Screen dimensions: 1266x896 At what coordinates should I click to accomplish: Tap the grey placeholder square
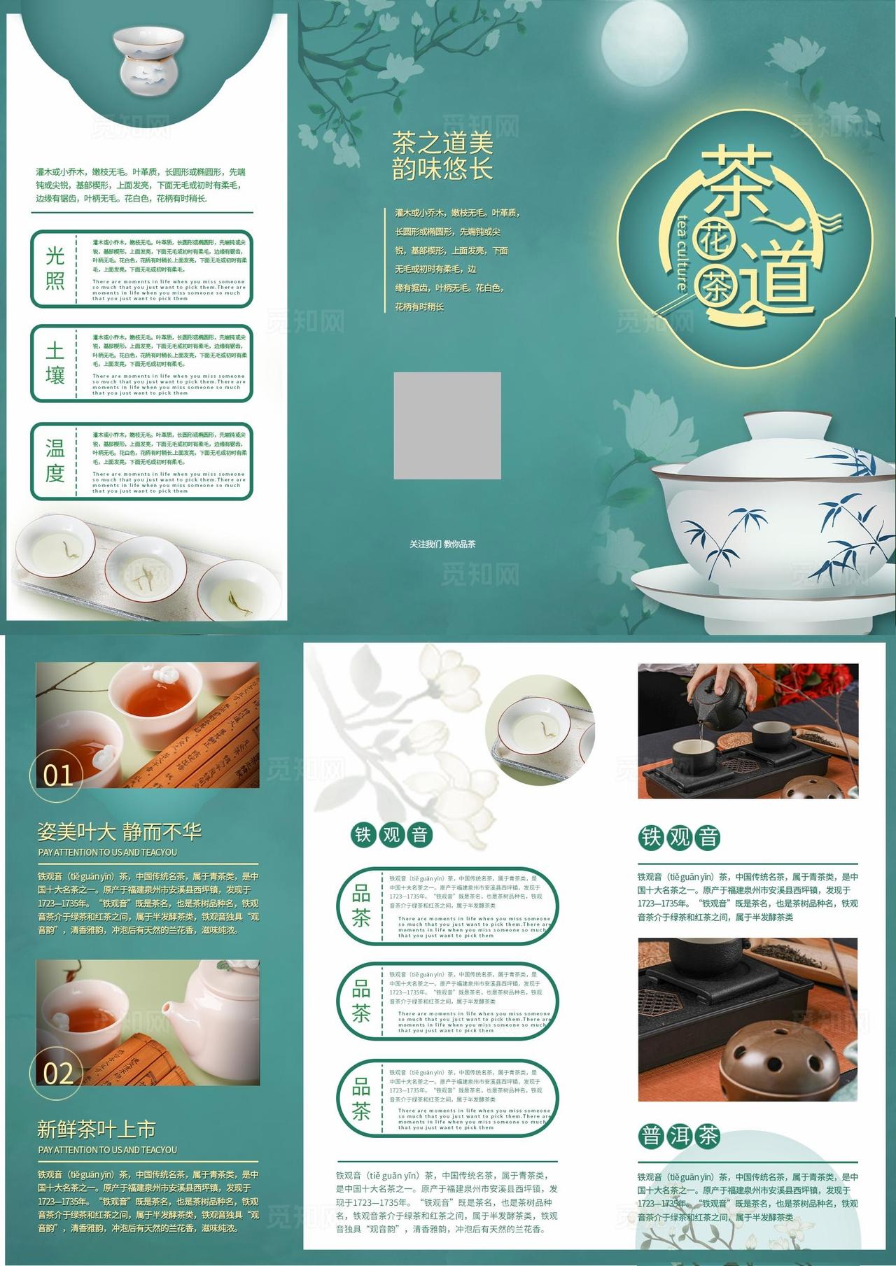[447, 425]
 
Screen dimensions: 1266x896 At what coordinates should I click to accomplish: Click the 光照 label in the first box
[55, 268]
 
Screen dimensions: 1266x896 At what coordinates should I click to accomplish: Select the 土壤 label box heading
[55, 363]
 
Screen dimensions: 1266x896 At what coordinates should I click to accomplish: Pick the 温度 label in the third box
[55, 460]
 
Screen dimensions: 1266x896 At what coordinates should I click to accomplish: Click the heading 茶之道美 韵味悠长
[442, 156]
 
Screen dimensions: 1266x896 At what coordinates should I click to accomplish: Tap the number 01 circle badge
[57, 775]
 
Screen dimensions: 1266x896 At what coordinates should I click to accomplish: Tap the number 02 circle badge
[57, 1073]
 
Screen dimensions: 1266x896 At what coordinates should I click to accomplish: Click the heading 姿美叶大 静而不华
[120, 831]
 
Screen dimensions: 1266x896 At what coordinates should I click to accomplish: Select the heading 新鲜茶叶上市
[97, 1129]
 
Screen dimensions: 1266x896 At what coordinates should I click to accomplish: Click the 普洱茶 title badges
[679, 1136]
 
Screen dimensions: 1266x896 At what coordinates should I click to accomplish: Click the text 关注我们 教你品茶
[442, 544]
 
